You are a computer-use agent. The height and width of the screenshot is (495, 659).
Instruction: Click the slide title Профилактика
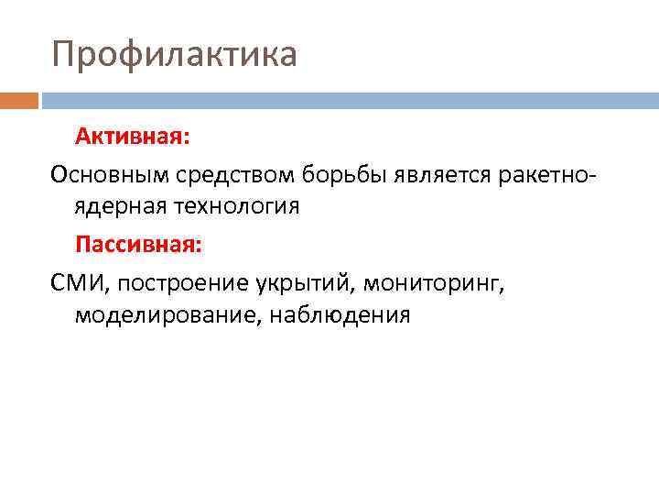[175, 54]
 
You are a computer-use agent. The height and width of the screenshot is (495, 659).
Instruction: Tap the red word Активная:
[133, 137]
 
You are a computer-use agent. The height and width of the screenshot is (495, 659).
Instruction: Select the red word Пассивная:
[139, 245]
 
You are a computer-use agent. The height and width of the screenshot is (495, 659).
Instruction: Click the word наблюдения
[338, 316]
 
